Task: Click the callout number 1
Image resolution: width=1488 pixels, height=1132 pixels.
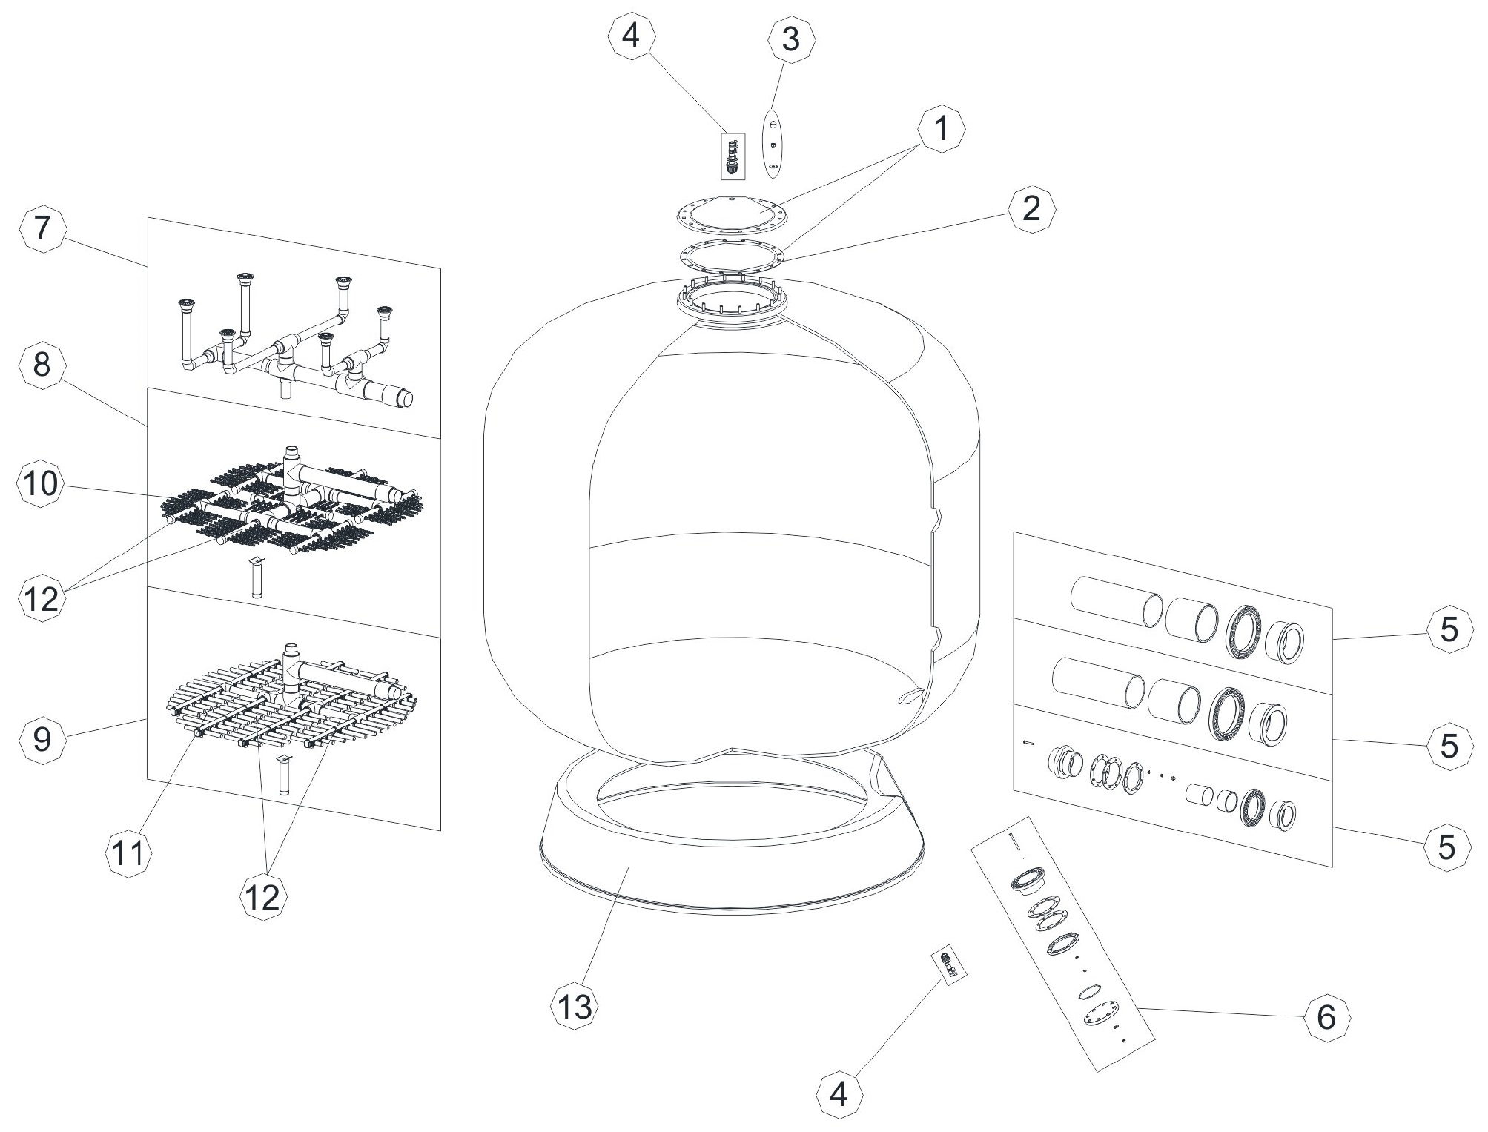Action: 942,130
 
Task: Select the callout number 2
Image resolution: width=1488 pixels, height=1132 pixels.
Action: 1031,209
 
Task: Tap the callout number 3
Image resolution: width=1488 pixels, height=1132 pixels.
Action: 791,39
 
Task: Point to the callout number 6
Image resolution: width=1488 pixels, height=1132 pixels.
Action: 1326,1018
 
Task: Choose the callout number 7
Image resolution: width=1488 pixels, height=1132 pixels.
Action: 42,228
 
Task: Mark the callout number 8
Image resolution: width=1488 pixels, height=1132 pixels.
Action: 42,365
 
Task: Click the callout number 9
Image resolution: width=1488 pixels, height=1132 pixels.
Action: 42,739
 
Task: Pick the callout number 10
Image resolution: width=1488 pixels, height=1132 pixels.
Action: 40,485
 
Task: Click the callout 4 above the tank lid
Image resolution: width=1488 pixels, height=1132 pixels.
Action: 631,35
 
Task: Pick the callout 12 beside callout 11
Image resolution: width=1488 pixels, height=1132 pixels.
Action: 262,897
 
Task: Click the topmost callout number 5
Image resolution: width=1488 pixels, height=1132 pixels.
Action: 1448,629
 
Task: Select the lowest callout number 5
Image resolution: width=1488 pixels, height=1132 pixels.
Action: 1447,847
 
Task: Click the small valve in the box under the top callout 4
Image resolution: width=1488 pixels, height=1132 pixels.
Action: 733,156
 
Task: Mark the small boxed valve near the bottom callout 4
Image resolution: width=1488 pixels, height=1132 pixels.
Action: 948,964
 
